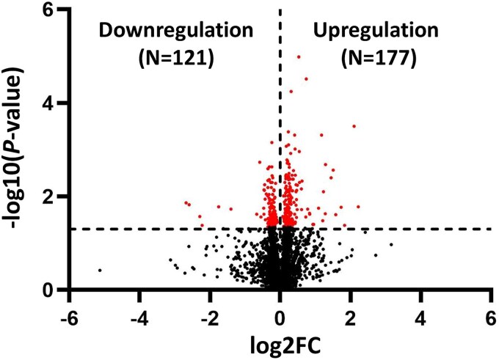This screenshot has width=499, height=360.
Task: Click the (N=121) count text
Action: pos(175,59)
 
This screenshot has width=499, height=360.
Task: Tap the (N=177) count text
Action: pos(379,59)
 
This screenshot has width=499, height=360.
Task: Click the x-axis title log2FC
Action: pos(280,342)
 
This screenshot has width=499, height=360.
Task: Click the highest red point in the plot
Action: pos(298,56)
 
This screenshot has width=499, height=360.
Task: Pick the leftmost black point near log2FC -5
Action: pos(99,271)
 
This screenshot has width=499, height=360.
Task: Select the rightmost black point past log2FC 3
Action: pos(391,244)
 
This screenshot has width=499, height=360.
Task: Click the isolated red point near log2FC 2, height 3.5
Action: pos(354,126)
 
